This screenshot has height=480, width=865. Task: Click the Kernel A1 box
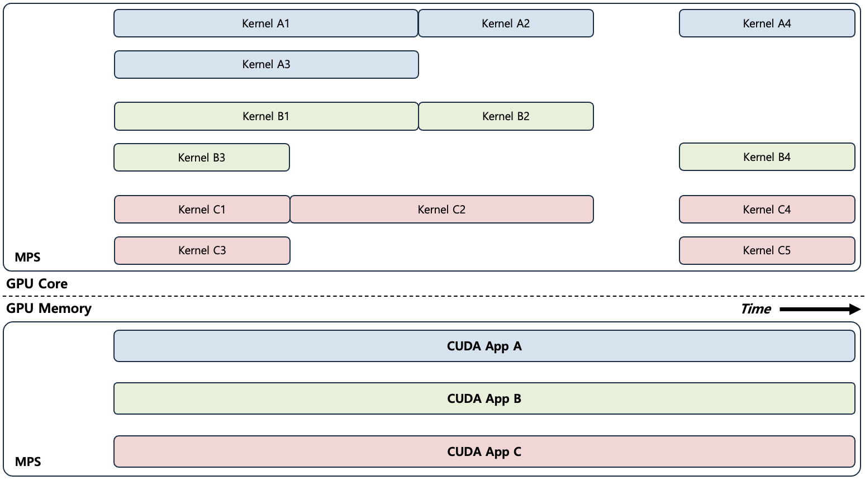[x=265, y=23]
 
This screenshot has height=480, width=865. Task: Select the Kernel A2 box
[x=506, y=23]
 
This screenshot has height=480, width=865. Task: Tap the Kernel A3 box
[x=266, y=65]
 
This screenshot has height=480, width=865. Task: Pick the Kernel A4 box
[x=767, y=23]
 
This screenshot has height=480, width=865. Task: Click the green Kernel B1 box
[x=266, y=116]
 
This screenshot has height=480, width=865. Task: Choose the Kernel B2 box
[x=506, y=116]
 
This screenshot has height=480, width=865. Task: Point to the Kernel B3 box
[x=202, y=158]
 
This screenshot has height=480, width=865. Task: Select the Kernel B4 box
[x=767, y=157]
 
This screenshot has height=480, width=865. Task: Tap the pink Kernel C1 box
[x=202, y=210]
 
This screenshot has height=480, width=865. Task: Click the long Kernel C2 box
[x=441, y=210]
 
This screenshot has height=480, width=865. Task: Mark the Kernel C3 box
[x=202, y=250]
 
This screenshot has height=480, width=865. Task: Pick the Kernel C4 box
[x=767, y=210]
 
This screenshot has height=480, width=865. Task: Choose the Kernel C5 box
[x=767, y=250]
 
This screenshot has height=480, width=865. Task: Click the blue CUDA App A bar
[x=484, y=346]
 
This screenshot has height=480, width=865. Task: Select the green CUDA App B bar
[x=484, y=398]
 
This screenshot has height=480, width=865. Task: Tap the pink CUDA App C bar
[x=484, y=452]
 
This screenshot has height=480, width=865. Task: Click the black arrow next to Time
[x=820, y=309]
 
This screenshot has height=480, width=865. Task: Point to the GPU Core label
[x=37, y=284]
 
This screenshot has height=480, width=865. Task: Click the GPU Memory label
[x=49, y=308]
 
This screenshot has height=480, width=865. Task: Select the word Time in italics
[x=755, y=309]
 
